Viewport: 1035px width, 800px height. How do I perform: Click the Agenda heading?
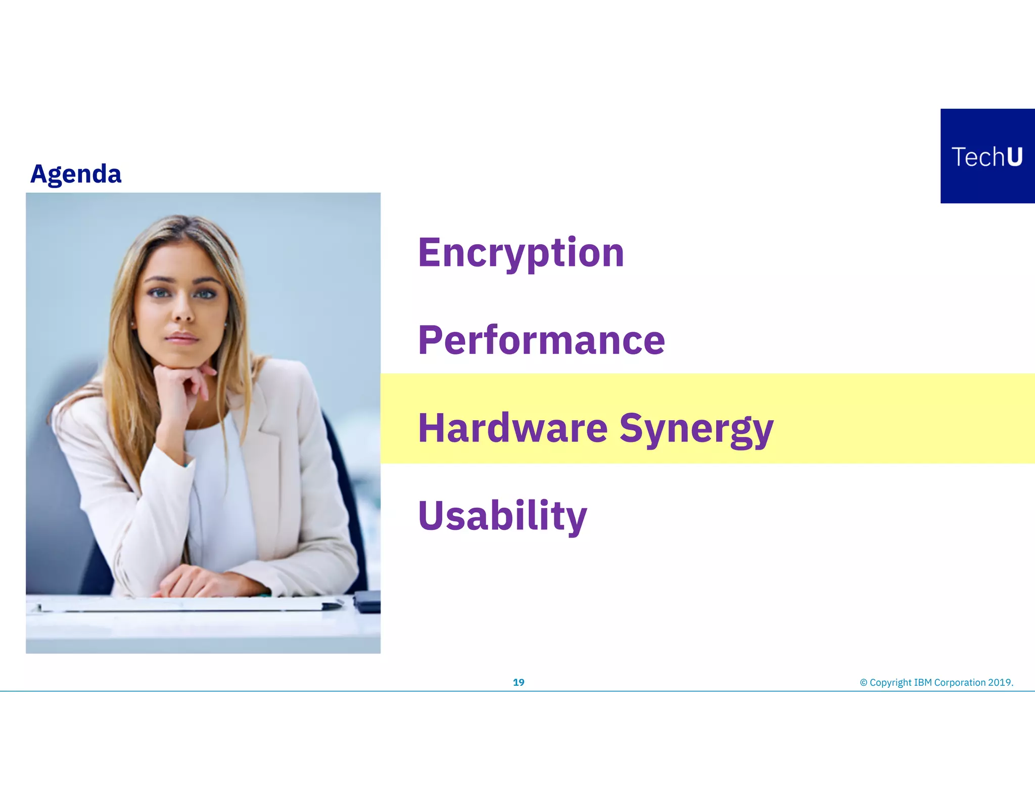click(76, 174)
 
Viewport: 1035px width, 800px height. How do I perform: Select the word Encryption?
click(521, 252)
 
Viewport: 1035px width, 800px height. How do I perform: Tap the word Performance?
click(541, 340)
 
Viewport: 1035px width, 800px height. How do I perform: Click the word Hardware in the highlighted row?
click(512, 428)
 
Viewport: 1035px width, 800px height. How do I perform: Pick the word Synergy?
click(696, 429)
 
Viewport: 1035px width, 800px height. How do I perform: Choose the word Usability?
click(502, 515)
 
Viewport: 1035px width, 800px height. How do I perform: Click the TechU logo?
click(987, 156)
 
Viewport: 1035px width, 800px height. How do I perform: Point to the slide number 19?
click(519, 683)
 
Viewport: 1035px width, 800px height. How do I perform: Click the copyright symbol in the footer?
click(864, 683)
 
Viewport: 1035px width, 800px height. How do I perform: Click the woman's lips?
click(182, 337)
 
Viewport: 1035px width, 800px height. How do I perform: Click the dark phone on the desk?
click(367, 601)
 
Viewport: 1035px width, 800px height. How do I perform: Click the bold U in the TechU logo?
click(1014, 157)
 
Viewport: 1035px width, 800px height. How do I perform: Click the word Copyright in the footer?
click(890, 683)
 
